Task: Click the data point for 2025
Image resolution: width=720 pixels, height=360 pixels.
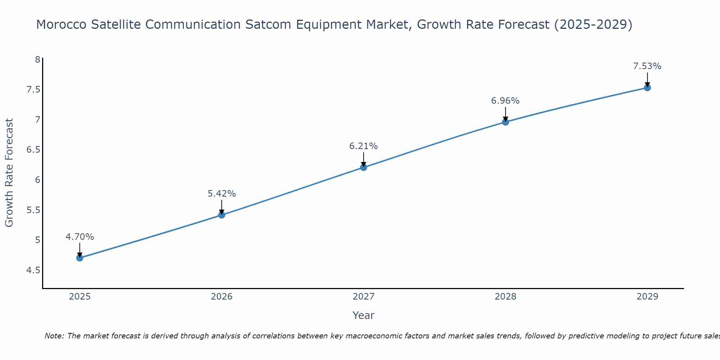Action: pyautogui.click(x=80, y=258)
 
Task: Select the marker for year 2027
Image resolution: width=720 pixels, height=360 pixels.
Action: pyautogui.click(x=364, y=167)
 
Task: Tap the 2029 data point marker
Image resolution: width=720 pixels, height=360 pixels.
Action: pyautogui.click(x=647, y=87)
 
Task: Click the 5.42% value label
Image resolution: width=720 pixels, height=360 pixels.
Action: pyautogui.click(x=222, y=194)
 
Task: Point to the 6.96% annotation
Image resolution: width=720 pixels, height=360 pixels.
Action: pyautogui.click(x=505, y=101)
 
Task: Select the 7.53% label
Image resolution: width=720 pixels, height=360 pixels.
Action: pyautogui.click(x=647, y=66)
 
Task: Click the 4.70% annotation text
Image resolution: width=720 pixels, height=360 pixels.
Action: pyautogui.click(x=80, y=237)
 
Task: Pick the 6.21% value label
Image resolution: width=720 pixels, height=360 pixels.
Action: pyautogui.click(x=364, y=146)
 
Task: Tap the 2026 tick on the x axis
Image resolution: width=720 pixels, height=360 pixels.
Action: pyautogui.click(x=222, y=297)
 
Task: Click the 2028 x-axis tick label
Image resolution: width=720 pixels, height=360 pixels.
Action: pyautogui.click(x=505, y=297)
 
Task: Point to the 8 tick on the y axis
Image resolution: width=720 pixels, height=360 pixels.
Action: pyautogui.click(x=37, y=59)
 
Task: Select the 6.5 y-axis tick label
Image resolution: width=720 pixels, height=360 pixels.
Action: pyautogui.click(x=33, y=150)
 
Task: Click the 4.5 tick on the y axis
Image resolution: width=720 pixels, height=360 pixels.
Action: pyautogui.click(x=33, y=270)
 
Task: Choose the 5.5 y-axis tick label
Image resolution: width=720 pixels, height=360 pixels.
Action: pyautogui.click(x=33, y=210)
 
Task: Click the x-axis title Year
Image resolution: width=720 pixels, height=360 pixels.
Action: pyautogui.click(x=364, y=315)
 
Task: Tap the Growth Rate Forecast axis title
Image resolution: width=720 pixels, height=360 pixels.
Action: pyautogui.click(x=9, y=173)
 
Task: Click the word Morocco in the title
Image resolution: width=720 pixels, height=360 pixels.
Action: pyautogui.click(x=62, y=24)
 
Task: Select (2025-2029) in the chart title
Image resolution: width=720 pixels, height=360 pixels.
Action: pyautogui.click(x=593, y=24)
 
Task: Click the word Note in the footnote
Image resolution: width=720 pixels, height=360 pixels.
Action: pyautogui.click(x=54, y=336)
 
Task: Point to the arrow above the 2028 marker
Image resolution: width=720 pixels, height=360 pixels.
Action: pyautogui.click(x=505, y=114)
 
